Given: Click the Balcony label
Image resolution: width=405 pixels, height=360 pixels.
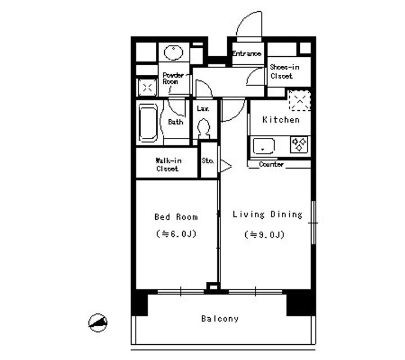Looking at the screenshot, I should (219, 319).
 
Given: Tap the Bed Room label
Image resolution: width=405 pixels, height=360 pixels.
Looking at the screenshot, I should (176, 217).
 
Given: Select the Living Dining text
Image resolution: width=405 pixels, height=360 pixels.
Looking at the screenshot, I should (267, 214).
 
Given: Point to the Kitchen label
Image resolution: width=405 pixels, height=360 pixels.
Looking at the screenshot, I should (281, 120).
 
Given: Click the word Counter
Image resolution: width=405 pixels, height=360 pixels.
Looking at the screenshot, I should (271, 165).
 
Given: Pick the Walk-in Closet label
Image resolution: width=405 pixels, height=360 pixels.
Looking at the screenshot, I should (167, 164).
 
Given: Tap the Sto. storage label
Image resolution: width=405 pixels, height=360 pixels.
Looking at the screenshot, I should (208, 161).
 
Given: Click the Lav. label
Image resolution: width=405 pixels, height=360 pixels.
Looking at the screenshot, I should (204, 108).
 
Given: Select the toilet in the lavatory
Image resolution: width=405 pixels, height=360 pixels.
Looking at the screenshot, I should (204, 129).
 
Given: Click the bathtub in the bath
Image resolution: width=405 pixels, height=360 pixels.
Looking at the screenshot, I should (148, 122).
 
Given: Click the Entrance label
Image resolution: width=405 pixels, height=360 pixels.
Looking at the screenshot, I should (246, 54).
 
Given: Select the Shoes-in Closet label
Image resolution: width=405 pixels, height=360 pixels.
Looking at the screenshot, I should (284, 71).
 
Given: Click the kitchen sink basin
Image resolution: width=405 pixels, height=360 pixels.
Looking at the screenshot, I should (262, 146).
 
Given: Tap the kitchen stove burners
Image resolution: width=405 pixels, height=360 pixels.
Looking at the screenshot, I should (298, 144).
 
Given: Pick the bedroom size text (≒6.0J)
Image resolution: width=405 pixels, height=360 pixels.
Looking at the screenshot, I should (176, 234).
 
